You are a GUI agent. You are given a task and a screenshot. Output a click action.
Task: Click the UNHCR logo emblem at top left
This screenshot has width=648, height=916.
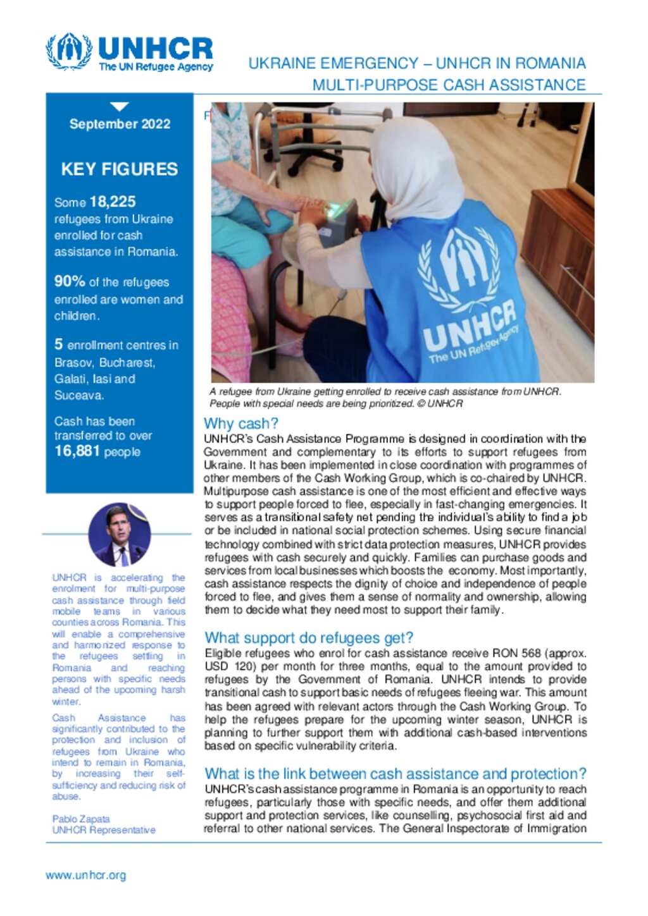[x=68, y=51]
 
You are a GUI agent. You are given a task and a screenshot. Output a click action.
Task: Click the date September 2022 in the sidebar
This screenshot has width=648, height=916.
[x=120, y=124]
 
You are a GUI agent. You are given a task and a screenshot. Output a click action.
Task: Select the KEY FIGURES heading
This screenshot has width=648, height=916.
[x=120, y=169]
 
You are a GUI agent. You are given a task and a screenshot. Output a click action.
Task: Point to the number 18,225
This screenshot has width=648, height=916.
[x=113, y=202]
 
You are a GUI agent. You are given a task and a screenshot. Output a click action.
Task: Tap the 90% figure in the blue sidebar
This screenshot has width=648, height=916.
[x=70, y=281]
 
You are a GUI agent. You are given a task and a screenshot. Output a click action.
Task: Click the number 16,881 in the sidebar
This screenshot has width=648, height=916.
[x=77, y=451]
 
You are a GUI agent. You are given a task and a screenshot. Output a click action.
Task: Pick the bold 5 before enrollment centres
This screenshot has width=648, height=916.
[x=58, y=345]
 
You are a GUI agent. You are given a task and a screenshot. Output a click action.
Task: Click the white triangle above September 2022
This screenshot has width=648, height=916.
[x=119, y=106]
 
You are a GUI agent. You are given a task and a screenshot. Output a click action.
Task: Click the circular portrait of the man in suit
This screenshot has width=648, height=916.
[x=119, y=534]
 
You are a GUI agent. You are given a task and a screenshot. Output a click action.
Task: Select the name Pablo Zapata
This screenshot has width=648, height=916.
[x=81, y=819]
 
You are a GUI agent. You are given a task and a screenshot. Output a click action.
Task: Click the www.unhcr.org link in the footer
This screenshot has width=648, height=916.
[x=85, y=876]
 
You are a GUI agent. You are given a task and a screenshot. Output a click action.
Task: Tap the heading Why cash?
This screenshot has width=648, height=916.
[x=240, y=424]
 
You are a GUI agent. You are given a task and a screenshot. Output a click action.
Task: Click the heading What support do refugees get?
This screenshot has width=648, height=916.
[x=309, y=638]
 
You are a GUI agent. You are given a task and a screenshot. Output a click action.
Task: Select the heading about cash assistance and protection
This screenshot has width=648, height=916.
[x=395, y=774]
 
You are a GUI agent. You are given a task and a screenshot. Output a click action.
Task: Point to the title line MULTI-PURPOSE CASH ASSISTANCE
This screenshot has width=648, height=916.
[x=449, y=85]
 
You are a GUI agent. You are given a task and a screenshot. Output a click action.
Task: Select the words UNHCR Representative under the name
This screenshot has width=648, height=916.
[x=104, y=830]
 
